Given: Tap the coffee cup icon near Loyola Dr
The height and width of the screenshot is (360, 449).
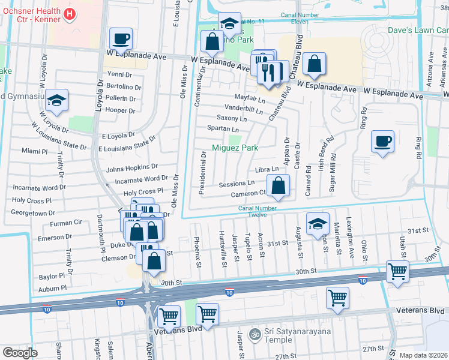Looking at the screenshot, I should (x=120, y=39).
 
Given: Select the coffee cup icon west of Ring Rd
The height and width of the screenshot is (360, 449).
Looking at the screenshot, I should (x=382, y=142).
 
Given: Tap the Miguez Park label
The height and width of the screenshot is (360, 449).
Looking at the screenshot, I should (x=235, y=148).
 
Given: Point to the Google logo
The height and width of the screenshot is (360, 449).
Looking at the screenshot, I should (x=20, y=353).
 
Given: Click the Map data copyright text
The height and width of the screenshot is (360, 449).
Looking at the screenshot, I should (x=424, y=355).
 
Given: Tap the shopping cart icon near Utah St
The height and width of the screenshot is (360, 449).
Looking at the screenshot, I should (x=397, y=271).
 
